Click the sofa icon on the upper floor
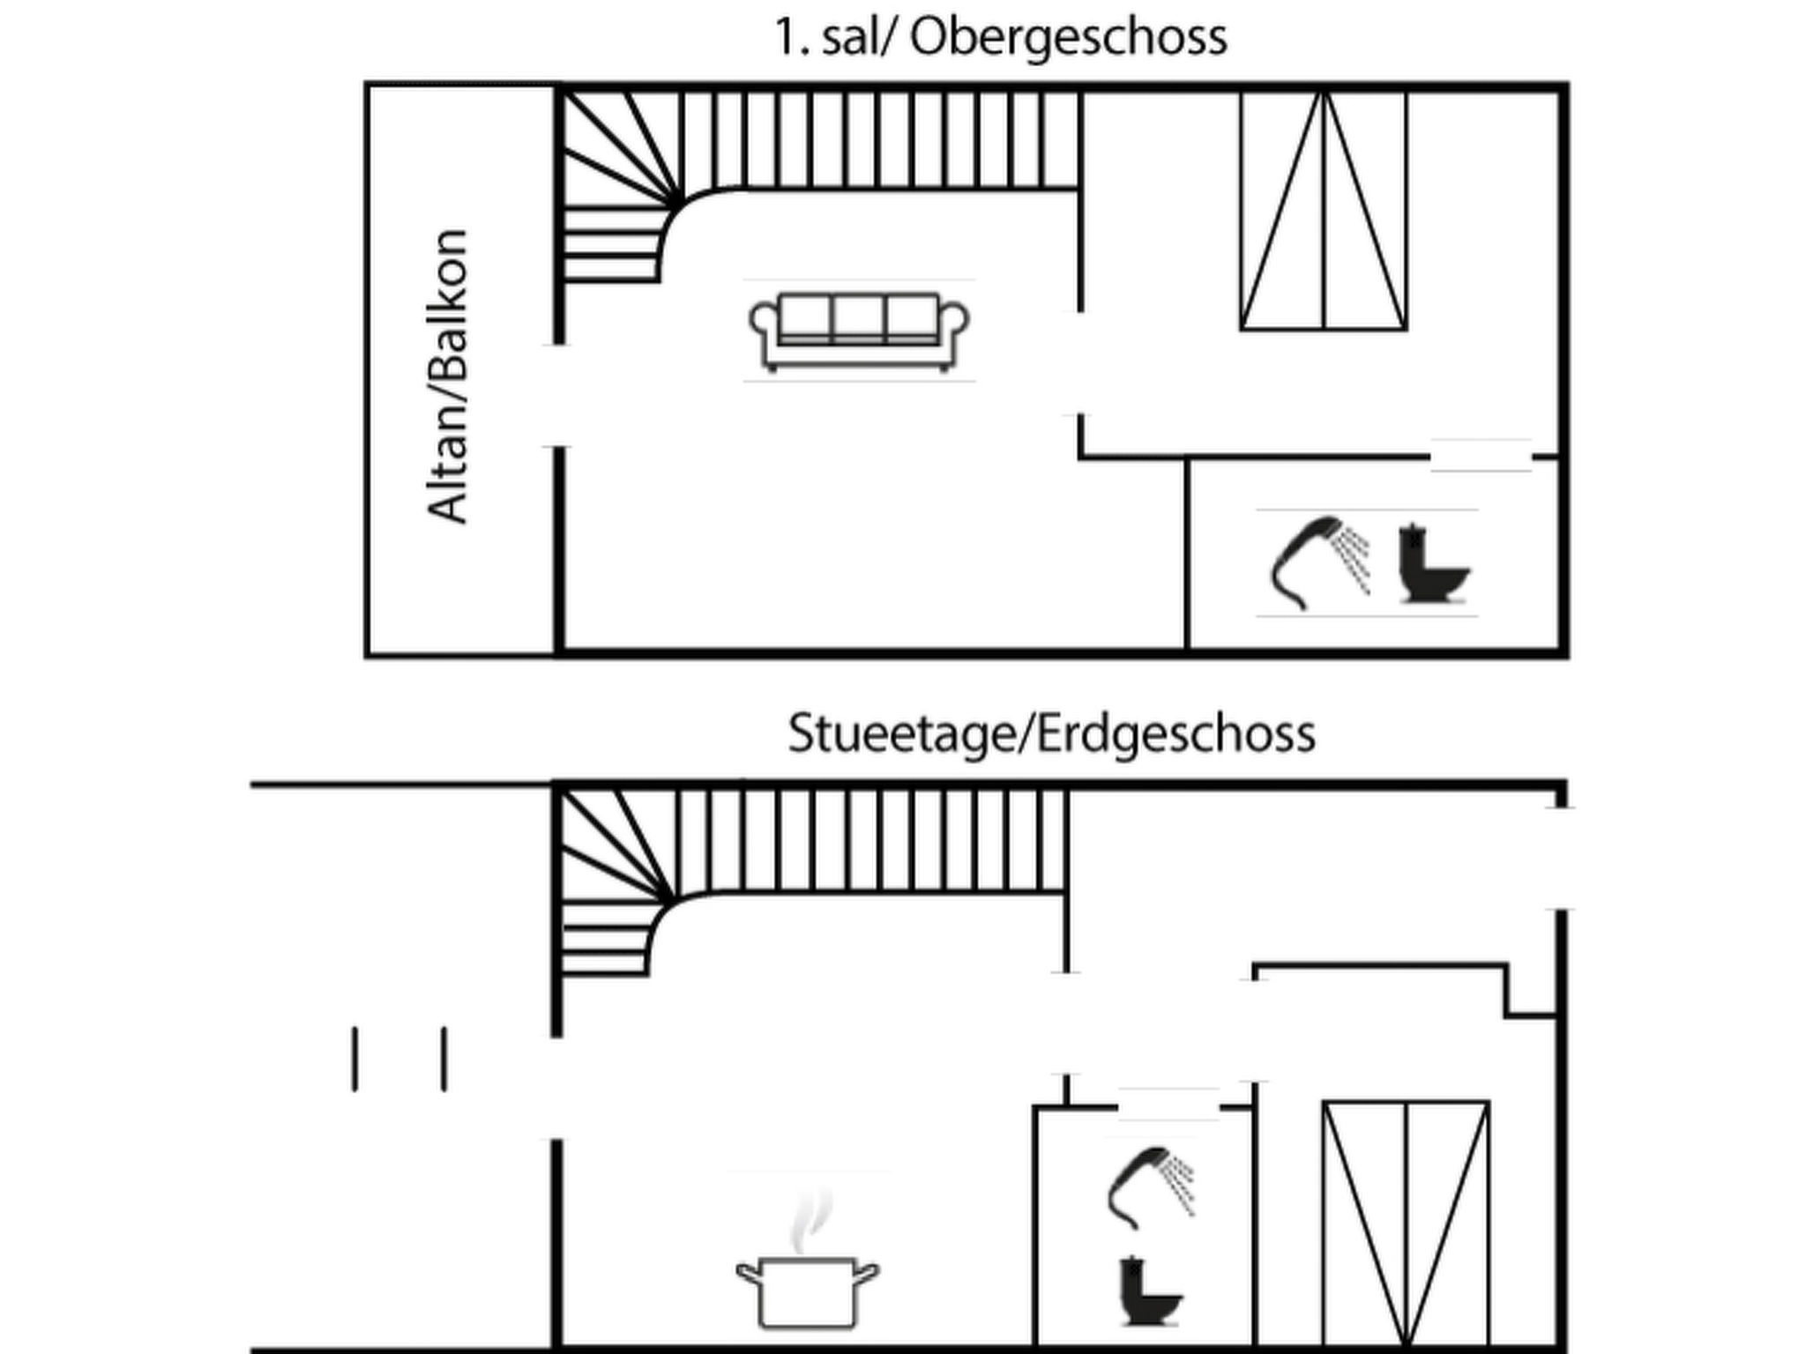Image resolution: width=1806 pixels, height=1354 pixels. tap(859, 330)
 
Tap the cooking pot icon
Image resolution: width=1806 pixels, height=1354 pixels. tap(807, 1291)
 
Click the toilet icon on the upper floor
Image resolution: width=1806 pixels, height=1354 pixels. tap(1434, 563)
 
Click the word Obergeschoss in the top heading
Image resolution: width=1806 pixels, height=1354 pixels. tap(1068, 38)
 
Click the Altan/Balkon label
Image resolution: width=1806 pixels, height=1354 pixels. tap(447, 376)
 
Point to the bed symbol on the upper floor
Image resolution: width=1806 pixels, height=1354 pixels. tap(1323, 212)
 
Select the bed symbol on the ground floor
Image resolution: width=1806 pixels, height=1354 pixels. tap(1406, 1225)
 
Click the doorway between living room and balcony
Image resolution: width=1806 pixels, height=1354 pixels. tap(558, 396)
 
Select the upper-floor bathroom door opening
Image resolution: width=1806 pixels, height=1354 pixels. tap(1481, 457)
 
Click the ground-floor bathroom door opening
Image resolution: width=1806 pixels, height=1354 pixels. tap(1168, 1106)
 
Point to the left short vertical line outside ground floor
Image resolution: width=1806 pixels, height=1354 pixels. tap(354, 1059)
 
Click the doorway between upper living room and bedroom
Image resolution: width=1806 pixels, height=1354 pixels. tap(1079, 363)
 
